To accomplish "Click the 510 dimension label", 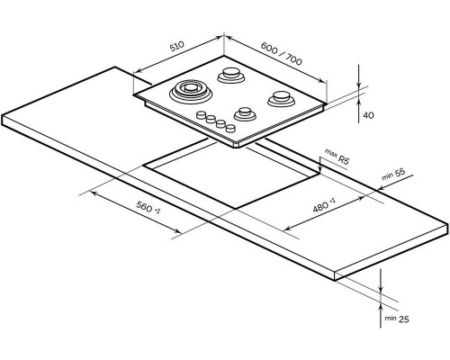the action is tap(176, 46).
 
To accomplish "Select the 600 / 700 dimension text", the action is tap(281, 53).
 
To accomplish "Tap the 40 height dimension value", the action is tap(368, 115).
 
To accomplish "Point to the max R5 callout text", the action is tap(337, 156).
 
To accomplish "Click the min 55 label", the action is tap(393, 174).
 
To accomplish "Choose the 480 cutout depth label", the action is tap(324, 205).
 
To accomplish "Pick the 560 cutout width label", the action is tap(148, 207).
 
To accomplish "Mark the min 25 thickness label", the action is tap(397, 319).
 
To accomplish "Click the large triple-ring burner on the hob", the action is tap(189, 92).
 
